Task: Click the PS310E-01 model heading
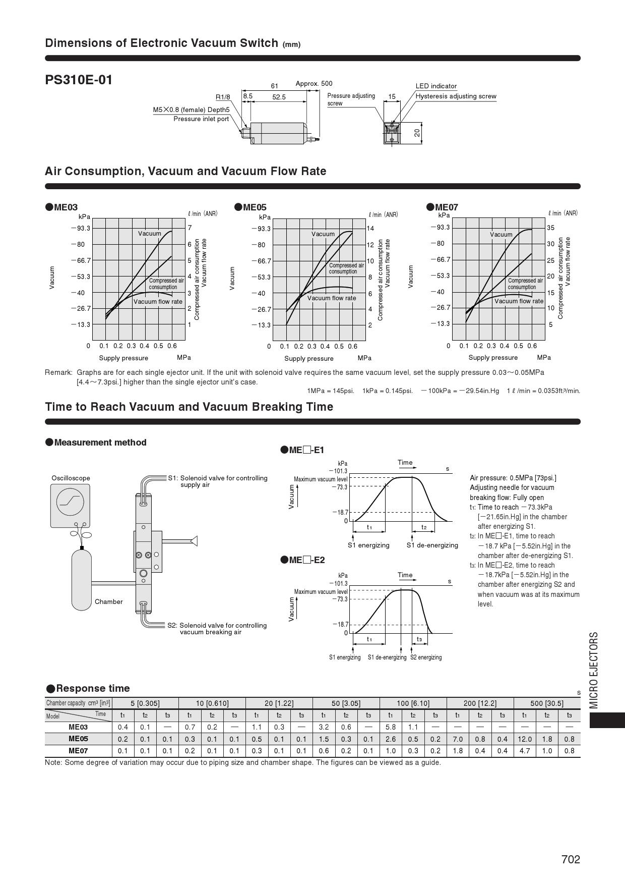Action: coord(79,80)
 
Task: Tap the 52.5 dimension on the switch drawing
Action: coord(279,97)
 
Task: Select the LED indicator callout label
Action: coord(436,86)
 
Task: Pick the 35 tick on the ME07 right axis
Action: coord(550,228)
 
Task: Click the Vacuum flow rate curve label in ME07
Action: coord(519,301)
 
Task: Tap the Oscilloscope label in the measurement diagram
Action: coord(71,478)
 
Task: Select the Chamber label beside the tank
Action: coord(108,601)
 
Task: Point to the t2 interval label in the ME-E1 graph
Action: coord(424,527)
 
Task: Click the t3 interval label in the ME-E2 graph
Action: coord(419,639)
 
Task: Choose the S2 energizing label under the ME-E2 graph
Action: coord(426,657)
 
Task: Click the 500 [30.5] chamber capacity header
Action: coord(547,703)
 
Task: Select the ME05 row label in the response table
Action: coord(78,739)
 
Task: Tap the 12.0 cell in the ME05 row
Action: coord(524,739)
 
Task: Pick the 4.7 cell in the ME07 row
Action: coord(524,751)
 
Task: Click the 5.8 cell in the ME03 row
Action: coord(391,727)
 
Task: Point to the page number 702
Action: coord(571,859)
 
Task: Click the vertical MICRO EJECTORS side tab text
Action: coord(594,670)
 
